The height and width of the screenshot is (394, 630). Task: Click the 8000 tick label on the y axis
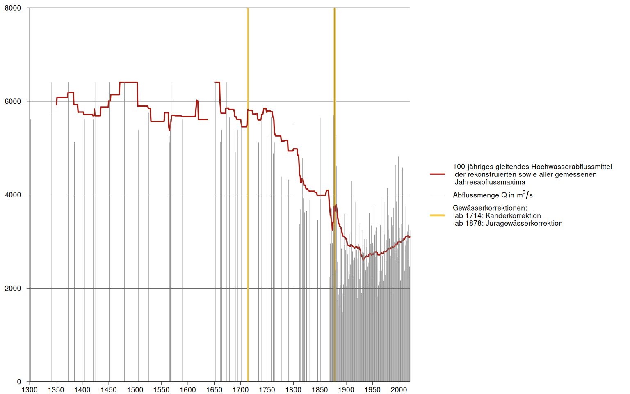[x=13, y=8]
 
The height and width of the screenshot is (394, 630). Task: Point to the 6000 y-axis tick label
[x=13, y=101]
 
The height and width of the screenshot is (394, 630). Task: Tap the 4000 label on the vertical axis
[x=13, y=195]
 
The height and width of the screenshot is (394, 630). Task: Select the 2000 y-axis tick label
[x=13, y=288]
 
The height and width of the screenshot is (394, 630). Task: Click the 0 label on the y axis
[x=19, y=382]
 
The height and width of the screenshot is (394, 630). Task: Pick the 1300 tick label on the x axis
[x=30, y=390]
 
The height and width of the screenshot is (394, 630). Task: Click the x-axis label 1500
[x=135, y=390]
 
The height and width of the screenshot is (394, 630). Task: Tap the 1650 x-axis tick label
[x=214, y=390]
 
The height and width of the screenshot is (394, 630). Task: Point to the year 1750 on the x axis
[x=267, y=390]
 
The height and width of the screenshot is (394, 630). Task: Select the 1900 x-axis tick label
[x=346, y=390]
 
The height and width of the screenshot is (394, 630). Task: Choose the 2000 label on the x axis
[x=399, y=390]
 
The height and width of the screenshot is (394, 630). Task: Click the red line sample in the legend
[x=437, y=174]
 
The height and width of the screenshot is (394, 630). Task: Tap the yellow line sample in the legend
[x=437, y=215]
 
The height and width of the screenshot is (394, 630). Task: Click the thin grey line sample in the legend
[x=437, y=195]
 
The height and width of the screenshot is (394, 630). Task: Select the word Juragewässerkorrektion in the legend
[x=524, y=224]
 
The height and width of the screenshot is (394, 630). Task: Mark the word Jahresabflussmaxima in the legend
[x=490, y=182]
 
